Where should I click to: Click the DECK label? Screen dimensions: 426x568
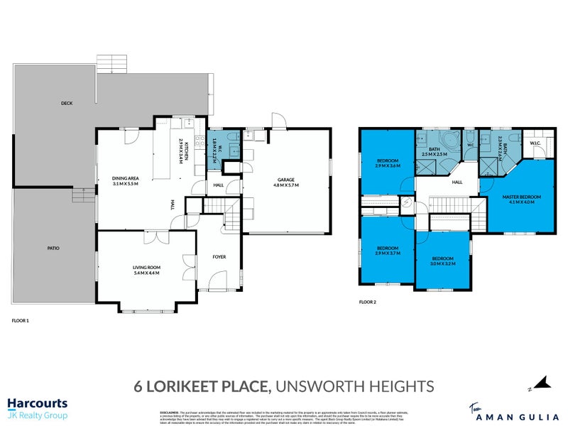[x=66, y=104]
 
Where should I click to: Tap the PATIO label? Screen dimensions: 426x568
[x=53, y=248]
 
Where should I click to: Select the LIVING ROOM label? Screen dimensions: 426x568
[x=146, y=267]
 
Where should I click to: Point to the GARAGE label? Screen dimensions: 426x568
[x=286, y=180]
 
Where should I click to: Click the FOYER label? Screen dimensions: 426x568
[x=219, y=256]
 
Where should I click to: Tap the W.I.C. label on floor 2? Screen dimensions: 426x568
[x=535, y=144]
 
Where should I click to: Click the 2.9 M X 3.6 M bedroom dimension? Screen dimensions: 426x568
[x=388, y=165]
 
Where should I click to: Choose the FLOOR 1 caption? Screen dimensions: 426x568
[x=21, y=322]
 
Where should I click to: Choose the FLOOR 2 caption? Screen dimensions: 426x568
[x=367, y=302]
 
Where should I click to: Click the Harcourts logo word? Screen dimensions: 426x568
[x=37, y=403]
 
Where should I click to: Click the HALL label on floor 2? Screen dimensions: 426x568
[x=457, y=182]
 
